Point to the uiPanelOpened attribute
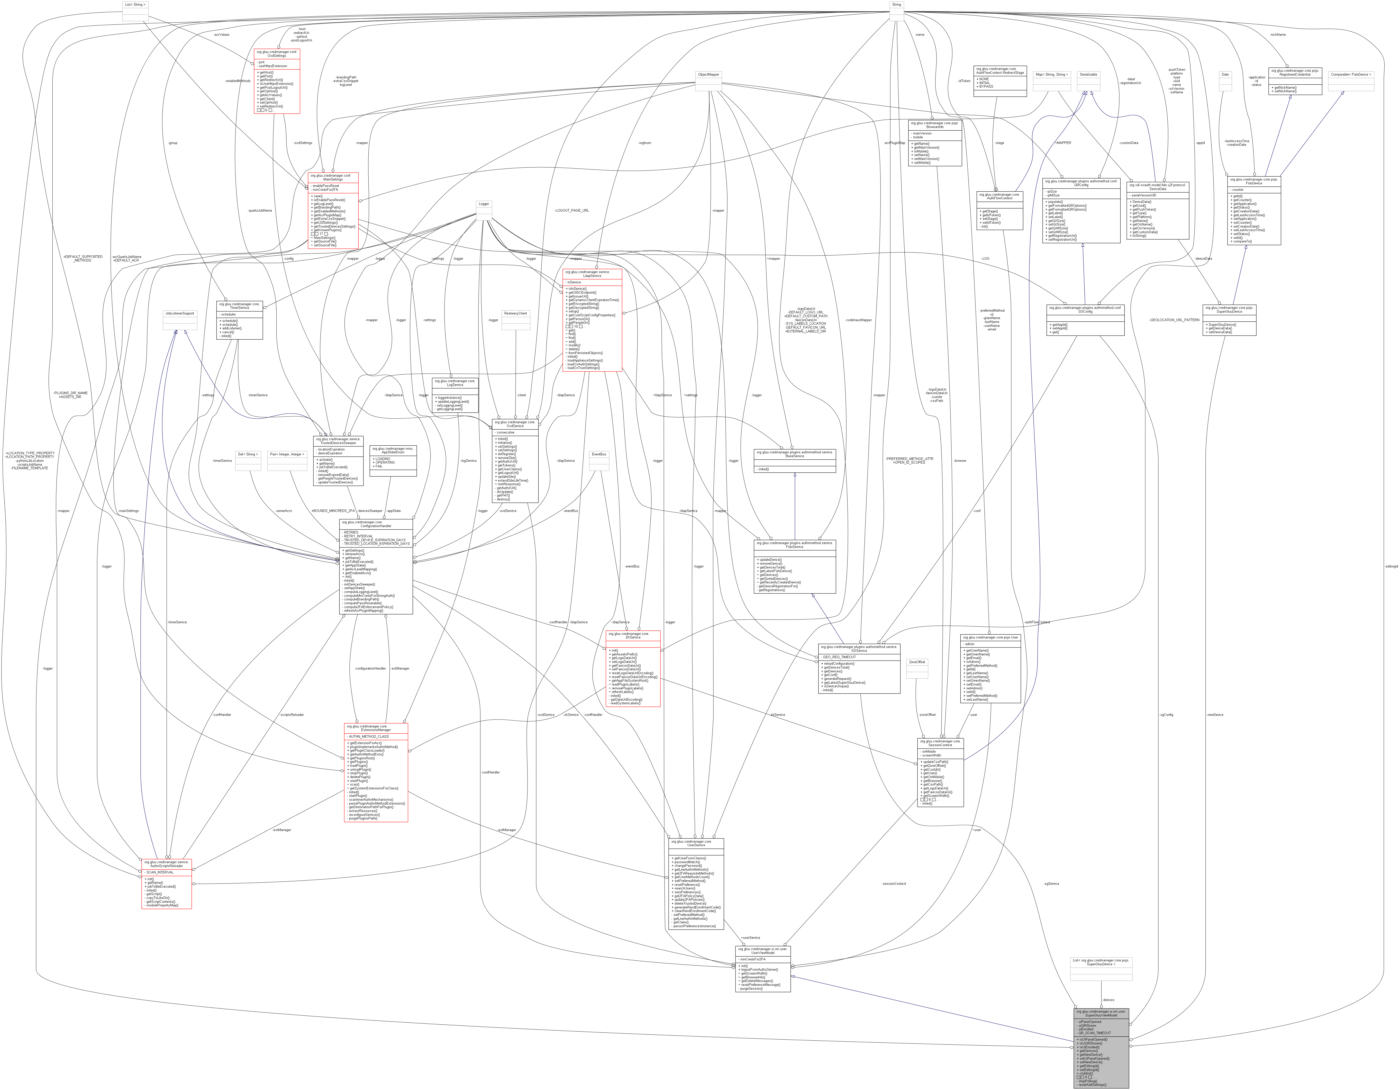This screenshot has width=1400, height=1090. point(1090,1022)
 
